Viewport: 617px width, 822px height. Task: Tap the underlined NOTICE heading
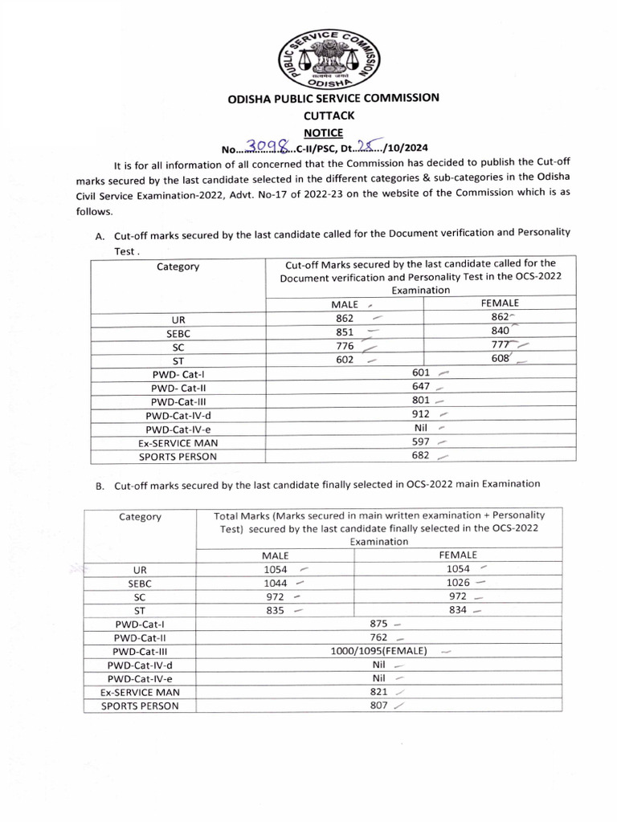322,132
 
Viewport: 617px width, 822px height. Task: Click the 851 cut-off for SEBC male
345,332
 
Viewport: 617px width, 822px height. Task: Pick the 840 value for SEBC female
500,331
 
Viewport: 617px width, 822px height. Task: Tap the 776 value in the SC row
345,345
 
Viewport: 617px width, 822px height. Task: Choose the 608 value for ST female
500,359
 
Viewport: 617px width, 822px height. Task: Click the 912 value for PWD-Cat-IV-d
421,414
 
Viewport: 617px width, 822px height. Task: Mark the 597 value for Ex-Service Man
421,442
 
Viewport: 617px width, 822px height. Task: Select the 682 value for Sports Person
421,455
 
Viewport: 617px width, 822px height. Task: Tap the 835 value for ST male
276,610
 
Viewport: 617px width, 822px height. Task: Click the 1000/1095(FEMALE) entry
378,651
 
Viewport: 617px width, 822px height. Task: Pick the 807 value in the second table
379,706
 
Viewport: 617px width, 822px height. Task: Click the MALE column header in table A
345,304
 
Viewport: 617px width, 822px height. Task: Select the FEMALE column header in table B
458,555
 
